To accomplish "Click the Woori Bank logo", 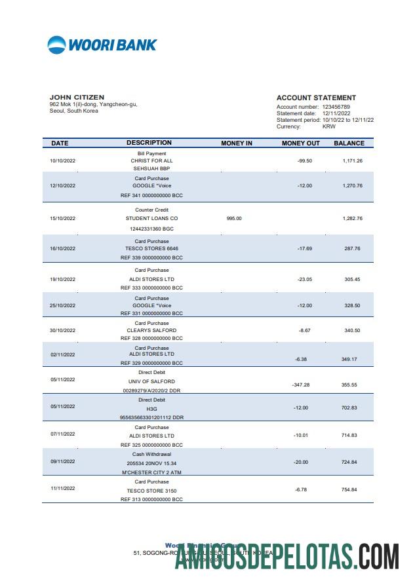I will tap(102, 45).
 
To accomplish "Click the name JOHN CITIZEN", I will tap(77, 98).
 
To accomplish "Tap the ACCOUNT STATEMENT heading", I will tap(316, 98).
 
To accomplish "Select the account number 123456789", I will tap(336, 107).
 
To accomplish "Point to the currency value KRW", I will tap(329, 126).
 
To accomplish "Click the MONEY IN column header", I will tap(237, 143).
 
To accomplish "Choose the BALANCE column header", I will tap(349, 143).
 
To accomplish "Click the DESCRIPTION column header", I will tap(149, 143).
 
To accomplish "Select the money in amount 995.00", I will tap(234, 218).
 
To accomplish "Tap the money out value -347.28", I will tap(301, 385).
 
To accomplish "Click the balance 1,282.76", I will tap(352, 218).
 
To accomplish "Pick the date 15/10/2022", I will tap(63, 218).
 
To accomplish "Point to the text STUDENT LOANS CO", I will tap(151, 218).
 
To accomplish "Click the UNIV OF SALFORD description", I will tap(151, 381).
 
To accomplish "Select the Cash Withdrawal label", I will tap(151, 454).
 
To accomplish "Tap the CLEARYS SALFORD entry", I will tap(151, 330).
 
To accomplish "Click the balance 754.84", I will tap(350, 490).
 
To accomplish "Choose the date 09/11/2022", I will tap(63, 462).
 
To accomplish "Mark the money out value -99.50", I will tap(304, 160).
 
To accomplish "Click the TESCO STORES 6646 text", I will tap(151, 248).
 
